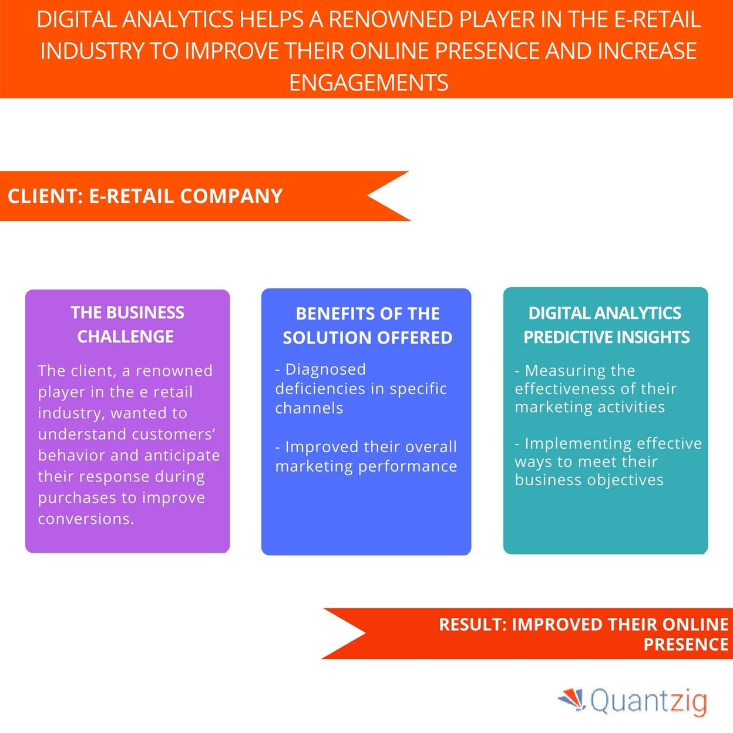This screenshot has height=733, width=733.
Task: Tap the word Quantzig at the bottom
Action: click(x=648, y=701)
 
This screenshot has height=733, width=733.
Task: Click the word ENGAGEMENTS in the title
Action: click(x=368, y=82)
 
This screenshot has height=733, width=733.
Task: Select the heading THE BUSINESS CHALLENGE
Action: click(x=127, y=324)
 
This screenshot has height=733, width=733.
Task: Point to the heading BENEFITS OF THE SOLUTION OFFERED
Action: click(x=368, y=325)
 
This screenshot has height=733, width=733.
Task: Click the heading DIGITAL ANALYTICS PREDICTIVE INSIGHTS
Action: click(x=606, y=325)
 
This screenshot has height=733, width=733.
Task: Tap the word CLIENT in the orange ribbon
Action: click(x=43, y=196)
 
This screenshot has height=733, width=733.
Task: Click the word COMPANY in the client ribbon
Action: click(x=231, y=196)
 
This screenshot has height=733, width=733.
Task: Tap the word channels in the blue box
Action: click(x=309, y=408)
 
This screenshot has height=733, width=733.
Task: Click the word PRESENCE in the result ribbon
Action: click(x=686, y=644)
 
